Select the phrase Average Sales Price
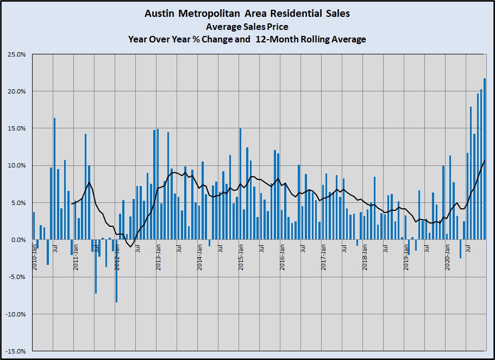click(x=247, y=26)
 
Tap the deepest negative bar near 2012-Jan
click(x=116, y=271)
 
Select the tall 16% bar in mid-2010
click(x=54, y=179)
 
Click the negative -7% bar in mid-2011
click(x=96, y=266)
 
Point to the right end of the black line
click(x=485, y=161)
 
